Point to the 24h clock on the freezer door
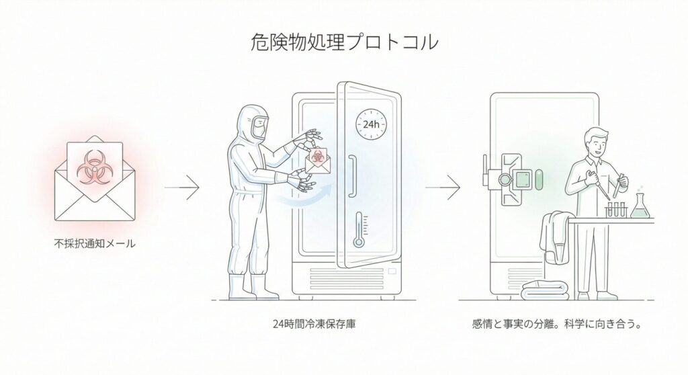[x=370, y=125]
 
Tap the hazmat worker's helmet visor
[x=259, y=125]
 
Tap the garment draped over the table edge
[x=557, y=235]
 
